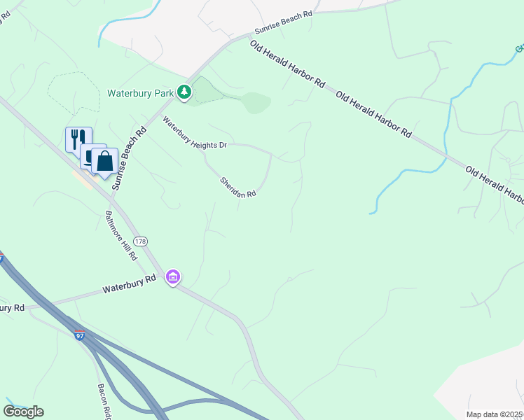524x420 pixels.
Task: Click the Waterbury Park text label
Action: [140, 92]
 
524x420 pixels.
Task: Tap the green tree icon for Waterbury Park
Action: [184, 92]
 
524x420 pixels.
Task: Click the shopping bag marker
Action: [104, 161]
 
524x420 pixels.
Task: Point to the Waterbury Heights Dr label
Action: [195, 132]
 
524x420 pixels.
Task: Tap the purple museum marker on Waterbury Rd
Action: [173, 278]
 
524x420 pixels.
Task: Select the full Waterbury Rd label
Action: [129, 284]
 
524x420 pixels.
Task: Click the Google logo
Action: [24, 412]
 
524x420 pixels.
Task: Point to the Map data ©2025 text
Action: [495, 414]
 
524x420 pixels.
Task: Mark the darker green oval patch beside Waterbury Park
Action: [256, 103]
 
